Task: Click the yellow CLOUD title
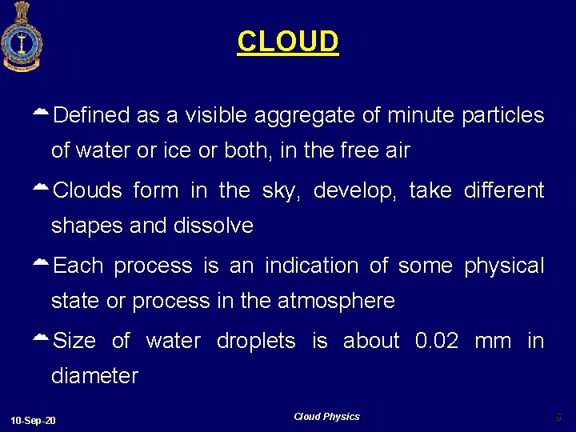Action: click(288, 42)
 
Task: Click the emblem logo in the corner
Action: click(22, 36)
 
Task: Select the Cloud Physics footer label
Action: click(326, 417)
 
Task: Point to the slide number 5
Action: click(558, 417)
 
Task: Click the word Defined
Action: click(91, 116)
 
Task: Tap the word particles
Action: click(503, 116)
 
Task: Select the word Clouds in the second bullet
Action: click(87, 191)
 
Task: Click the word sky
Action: click(281, 191)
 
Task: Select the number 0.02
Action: click(437, 341)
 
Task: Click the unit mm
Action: click(492, 341)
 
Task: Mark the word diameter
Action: click(94, 376)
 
